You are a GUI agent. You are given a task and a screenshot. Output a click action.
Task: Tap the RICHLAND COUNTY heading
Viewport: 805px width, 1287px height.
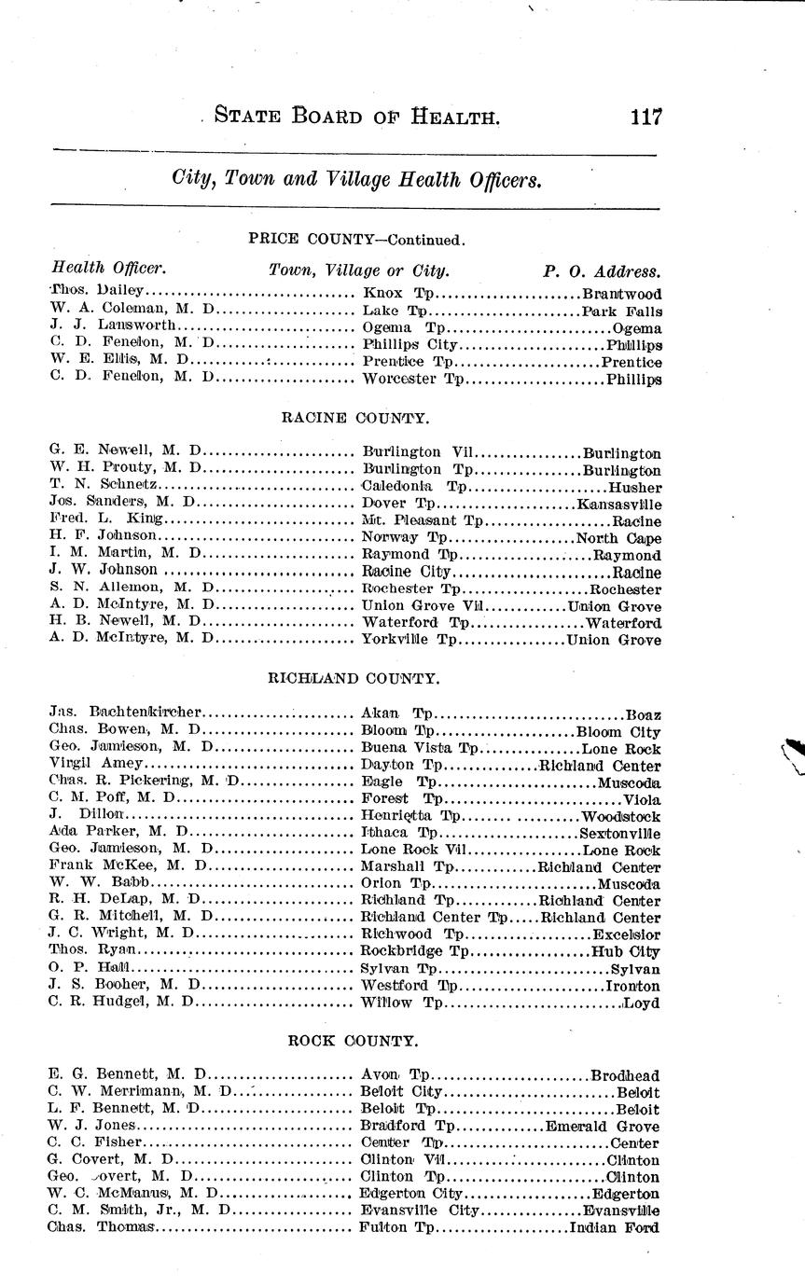coord(354,678)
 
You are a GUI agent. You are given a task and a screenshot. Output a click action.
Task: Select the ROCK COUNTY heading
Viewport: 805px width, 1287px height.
coord(354,1040)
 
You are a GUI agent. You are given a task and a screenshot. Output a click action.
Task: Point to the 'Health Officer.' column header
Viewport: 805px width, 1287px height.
coord(108,270)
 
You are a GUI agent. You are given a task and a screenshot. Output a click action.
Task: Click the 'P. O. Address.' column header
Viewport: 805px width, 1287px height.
coord(602,271)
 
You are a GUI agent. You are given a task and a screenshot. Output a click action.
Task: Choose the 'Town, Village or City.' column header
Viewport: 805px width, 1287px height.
coord(359,271)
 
